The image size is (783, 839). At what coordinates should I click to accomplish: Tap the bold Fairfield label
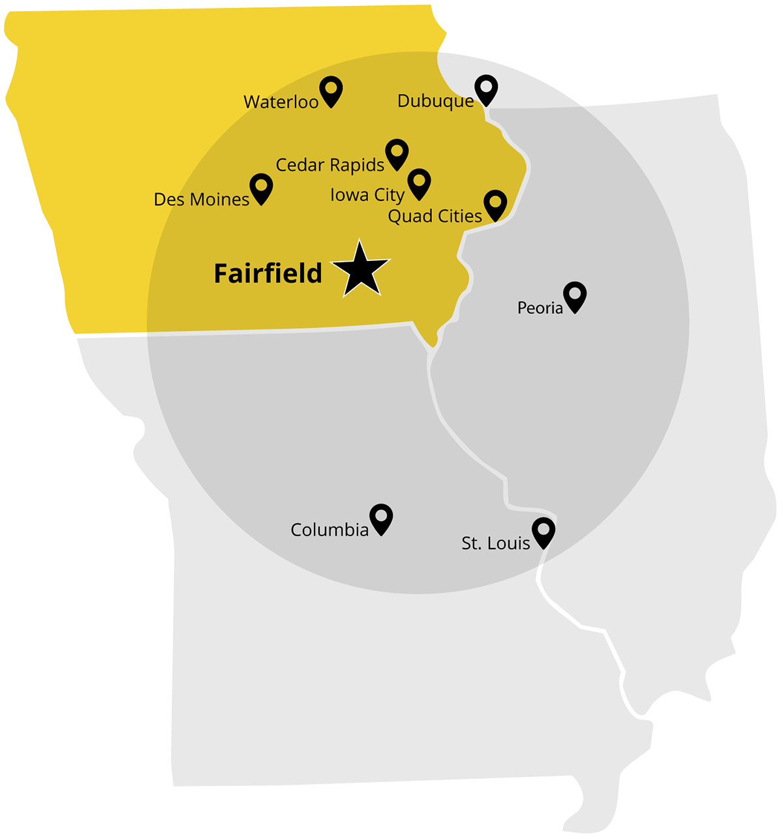[268, 273]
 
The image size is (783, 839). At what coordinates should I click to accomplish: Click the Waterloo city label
[281, 102]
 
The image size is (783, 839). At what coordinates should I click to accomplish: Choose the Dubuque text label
[435, 101]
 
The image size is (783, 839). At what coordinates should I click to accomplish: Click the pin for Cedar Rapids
[397, 153]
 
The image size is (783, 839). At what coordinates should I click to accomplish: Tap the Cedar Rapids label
[330, 165]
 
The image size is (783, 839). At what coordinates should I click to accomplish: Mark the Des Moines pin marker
[261, 187]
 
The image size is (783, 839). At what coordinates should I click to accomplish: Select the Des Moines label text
[201, 200]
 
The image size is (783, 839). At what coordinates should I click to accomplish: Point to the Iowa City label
[367, 195]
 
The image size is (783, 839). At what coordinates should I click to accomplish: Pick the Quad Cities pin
[495, 204]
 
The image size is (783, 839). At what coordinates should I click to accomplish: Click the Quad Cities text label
[435, 217]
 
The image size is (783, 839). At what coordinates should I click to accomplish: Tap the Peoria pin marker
[575, 296]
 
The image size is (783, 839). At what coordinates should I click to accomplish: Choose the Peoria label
[540, 308]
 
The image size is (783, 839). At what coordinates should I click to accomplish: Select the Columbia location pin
[381, 517]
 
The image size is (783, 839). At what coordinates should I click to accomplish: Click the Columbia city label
[330, 530]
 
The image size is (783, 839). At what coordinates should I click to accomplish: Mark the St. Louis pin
[544, 531]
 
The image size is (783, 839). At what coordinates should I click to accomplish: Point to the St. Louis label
[495, 543]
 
